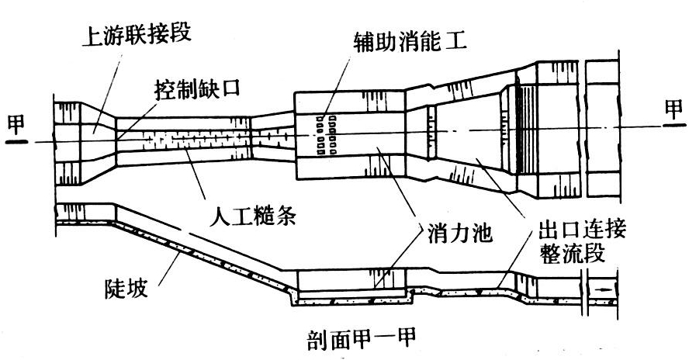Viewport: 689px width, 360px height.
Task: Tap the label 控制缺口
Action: coord(196,88)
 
